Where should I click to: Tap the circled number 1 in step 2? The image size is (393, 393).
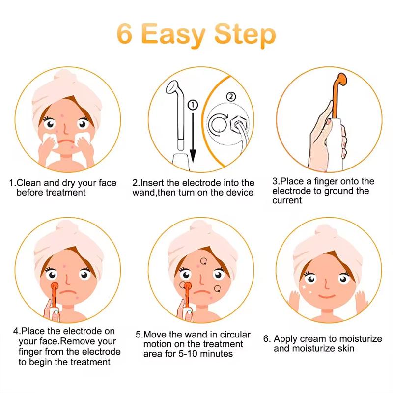pyautogui.click(x=193, y=105)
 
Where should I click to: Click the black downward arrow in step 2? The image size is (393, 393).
pyautogui.click(x=194, y=138)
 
